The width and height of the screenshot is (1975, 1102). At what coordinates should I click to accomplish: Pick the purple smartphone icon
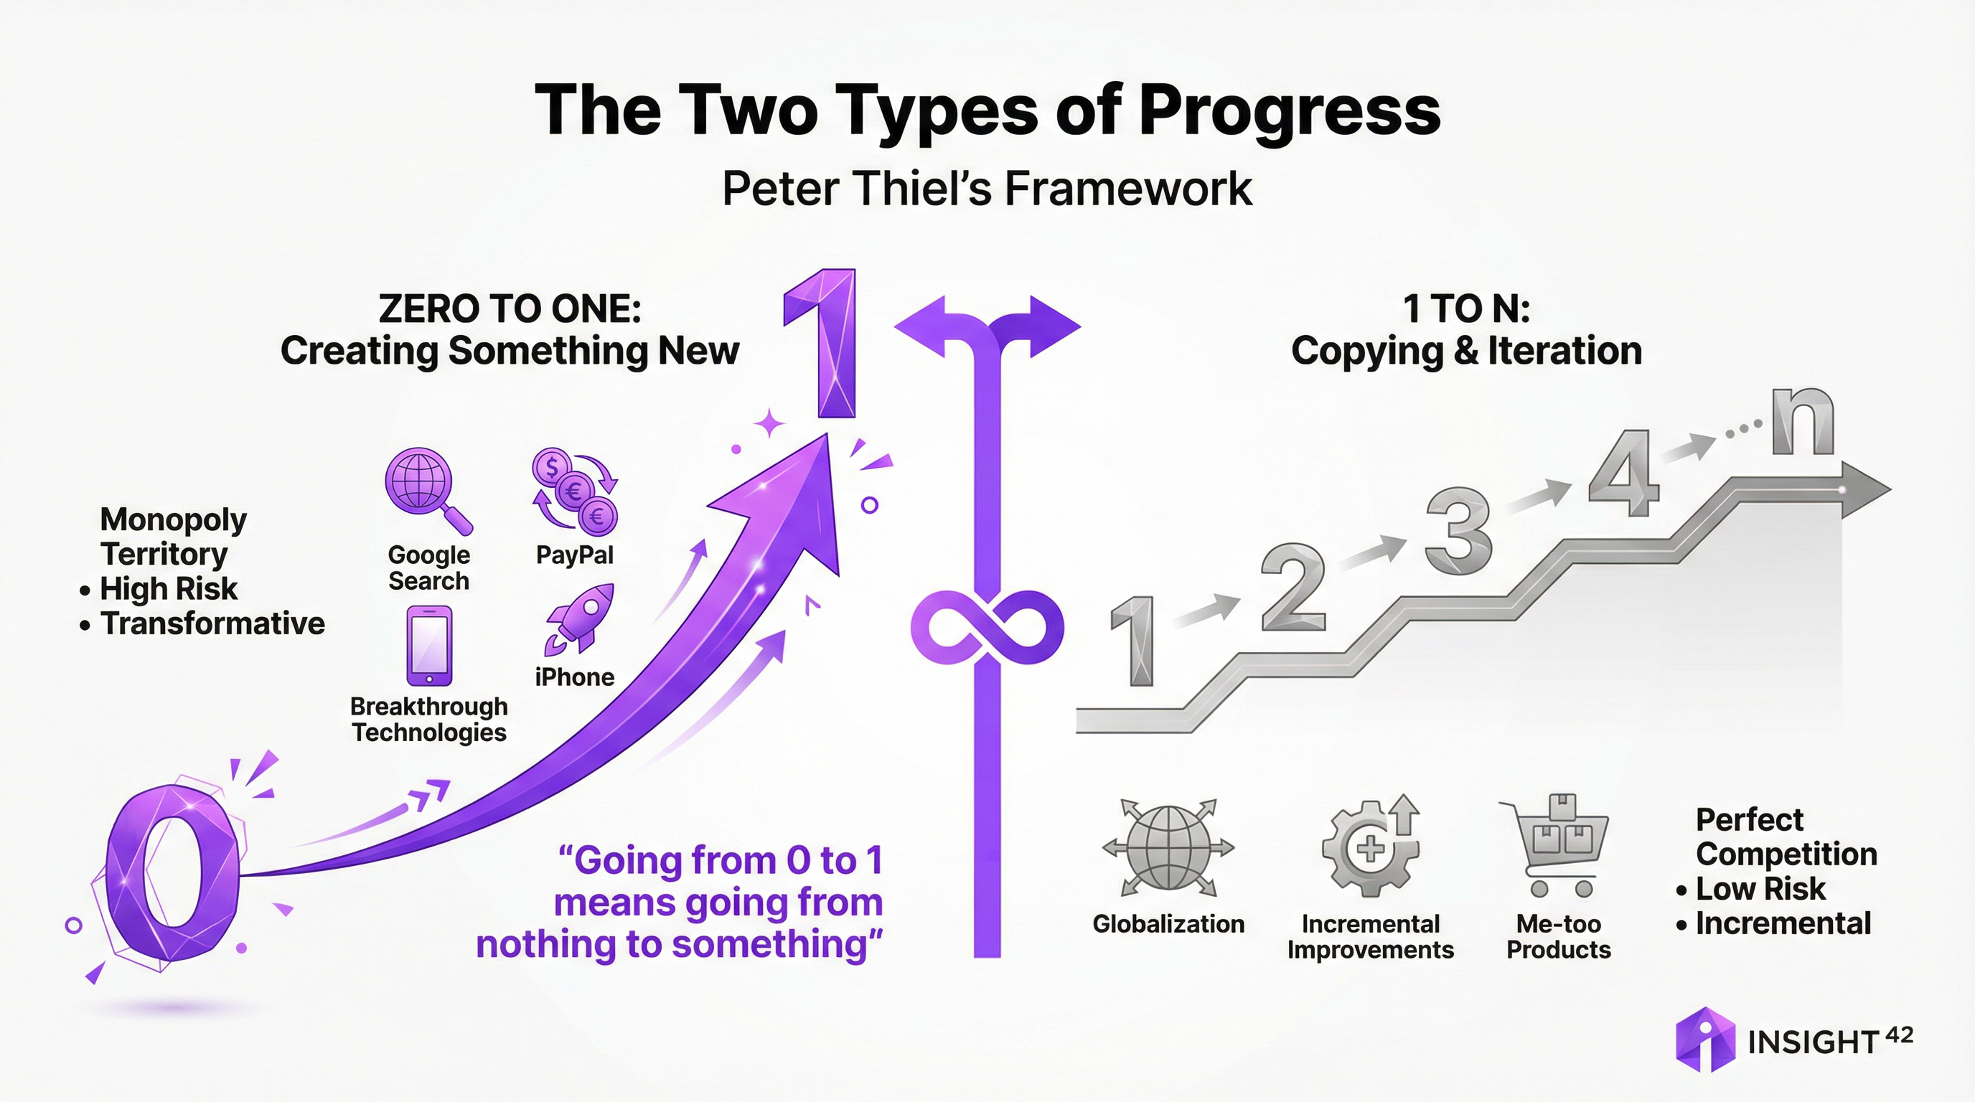coord(428,645)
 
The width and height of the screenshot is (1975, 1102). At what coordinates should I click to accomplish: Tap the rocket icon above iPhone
coord(581,619)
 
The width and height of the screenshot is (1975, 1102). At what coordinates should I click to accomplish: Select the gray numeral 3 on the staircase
coord(1458,533)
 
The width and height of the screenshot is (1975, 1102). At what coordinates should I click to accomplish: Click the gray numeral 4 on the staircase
coord(1624,473)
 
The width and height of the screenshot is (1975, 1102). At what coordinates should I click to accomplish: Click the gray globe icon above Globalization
coord(1168,847)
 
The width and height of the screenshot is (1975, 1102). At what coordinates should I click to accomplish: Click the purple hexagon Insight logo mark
coord(1705,1039)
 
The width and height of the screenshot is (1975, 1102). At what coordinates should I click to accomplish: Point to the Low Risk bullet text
coord(1760,889)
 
